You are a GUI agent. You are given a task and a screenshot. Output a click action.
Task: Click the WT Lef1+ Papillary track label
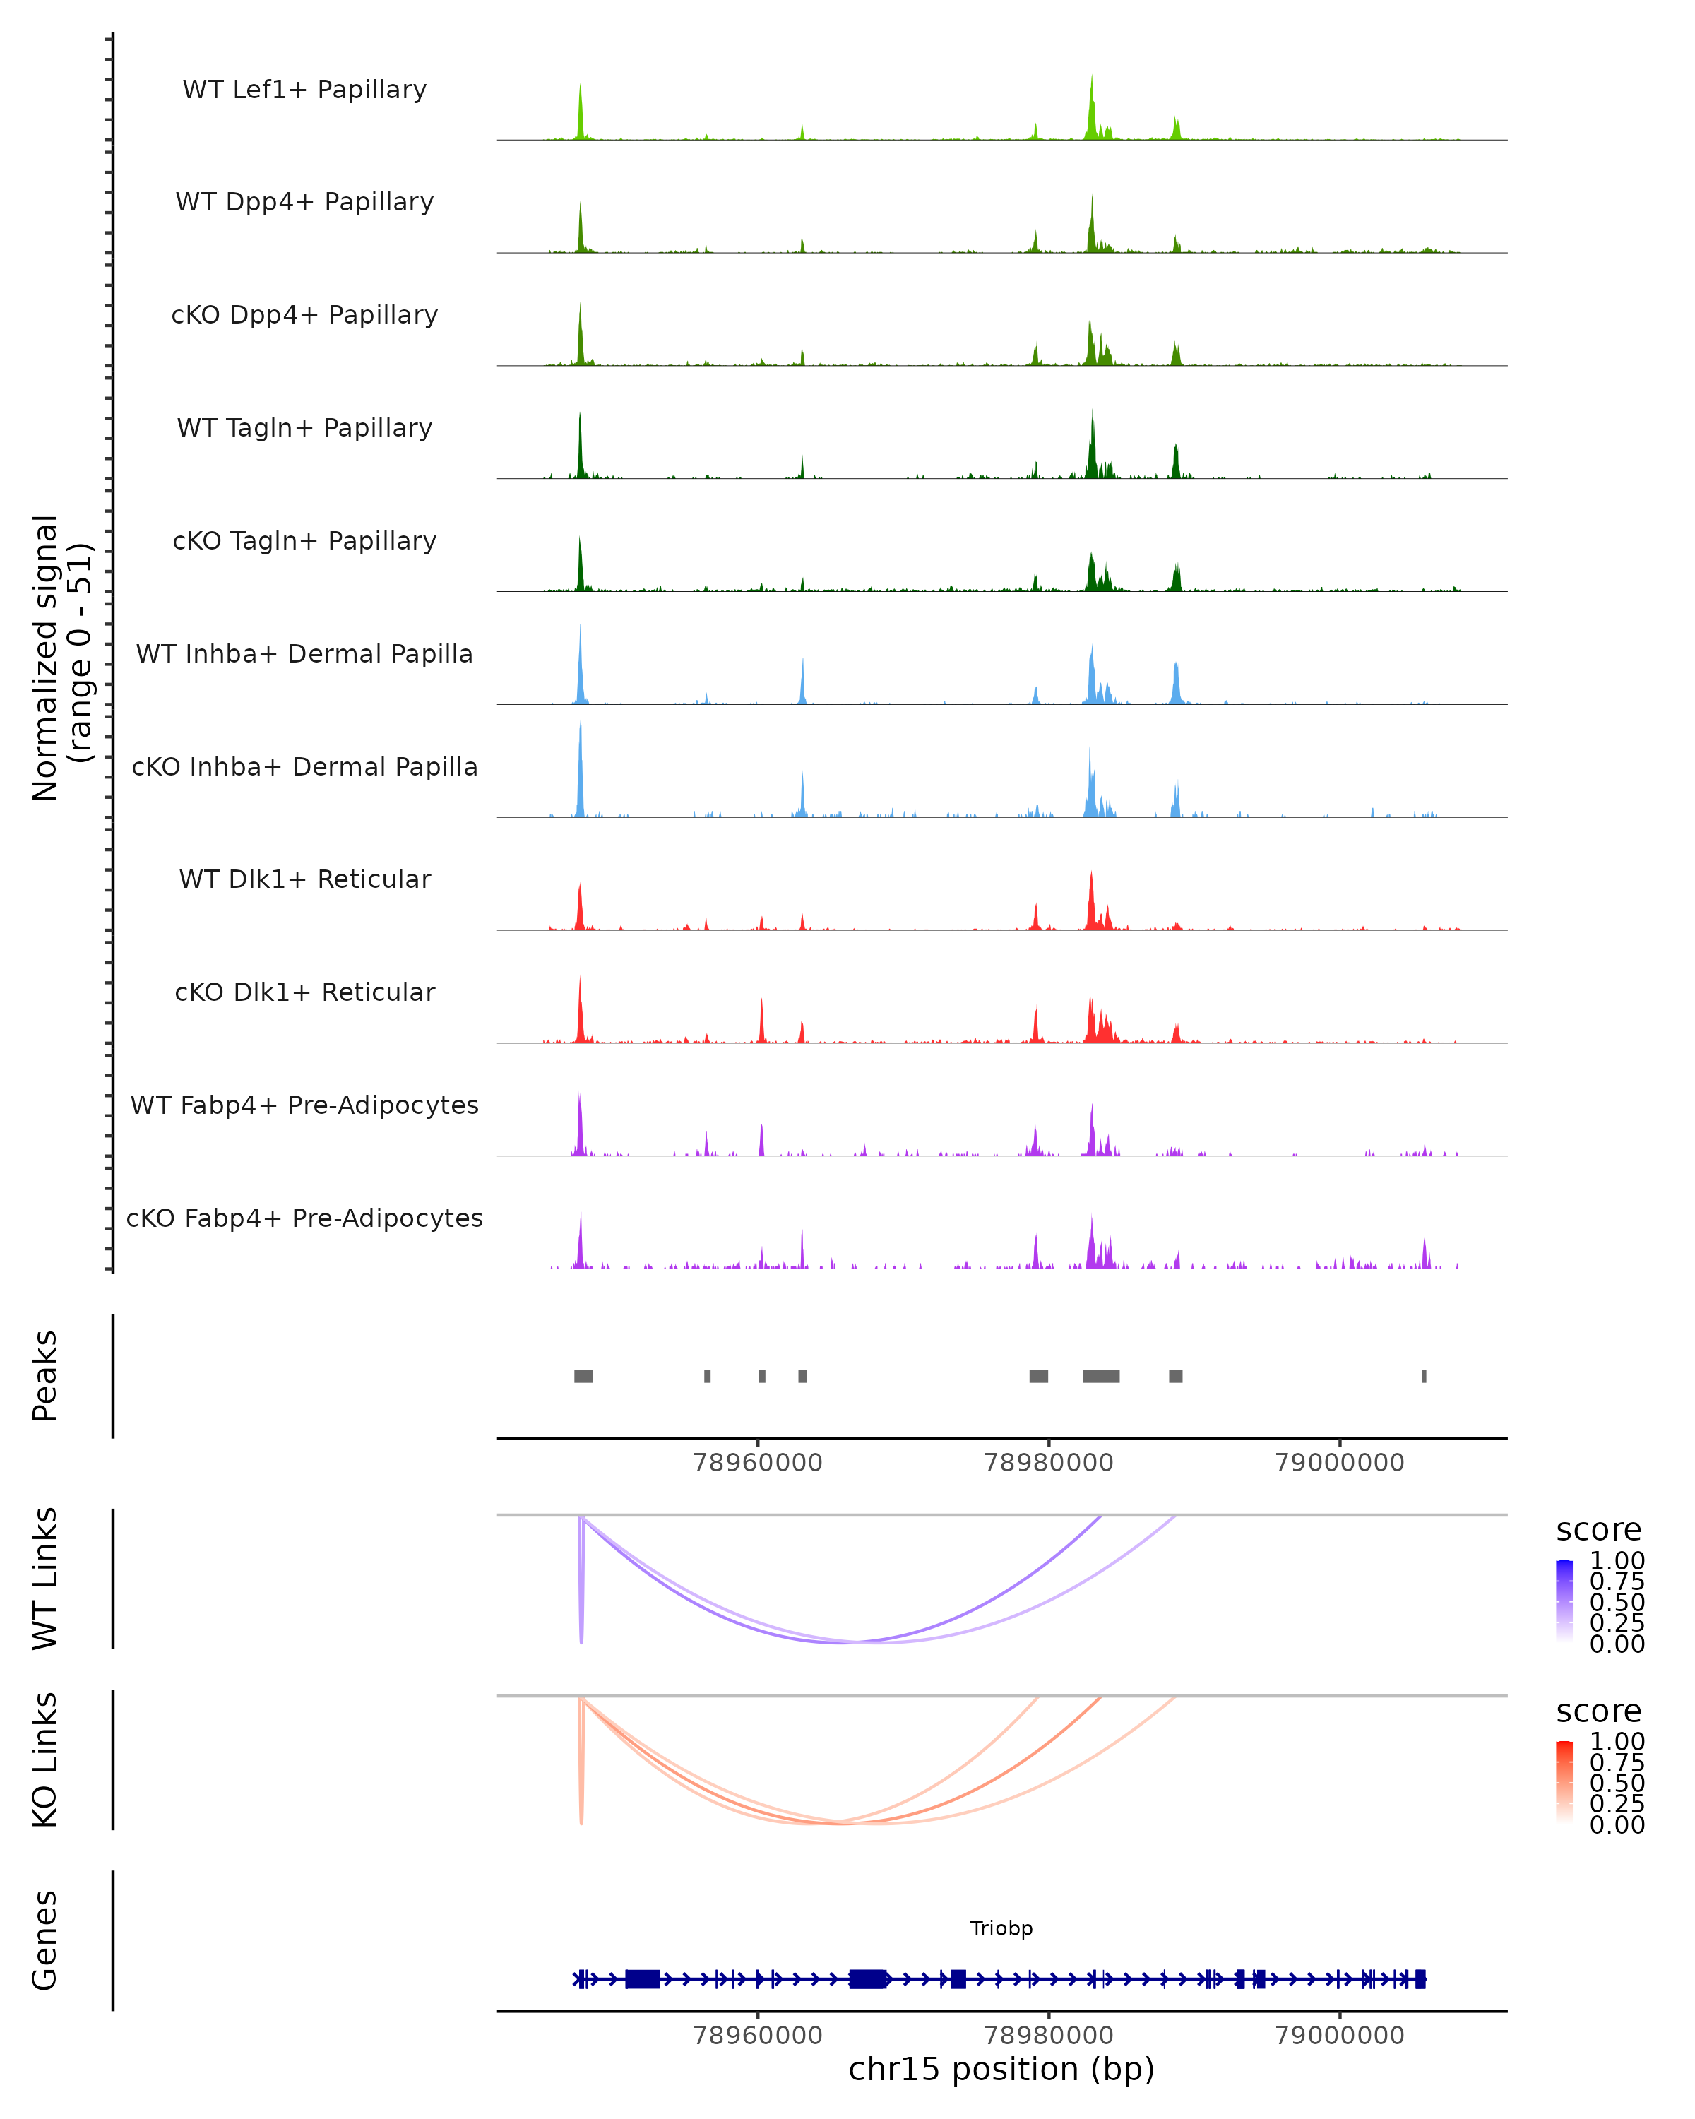pyautogui.click(x=304, y=90)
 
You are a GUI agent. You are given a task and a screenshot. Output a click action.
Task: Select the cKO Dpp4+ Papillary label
pyautogui.click(x=304, y=316)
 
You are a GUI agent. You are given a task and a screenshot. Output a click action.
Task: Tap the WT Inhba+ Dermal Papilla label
pyautogui.click(x=304, y=655)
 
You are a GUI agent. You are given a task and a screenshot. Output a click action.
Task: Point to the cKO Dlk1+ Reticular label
pyautogui.click(x=304, y=992)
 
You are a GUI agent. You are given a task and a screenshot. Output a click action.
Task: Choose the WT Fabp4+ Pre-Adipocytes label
pyautogui.click(x=304, y=1105)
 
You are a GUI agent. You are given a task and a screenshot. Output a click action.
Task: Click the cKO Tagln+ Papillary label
pyautogui.click(x=304, y=542)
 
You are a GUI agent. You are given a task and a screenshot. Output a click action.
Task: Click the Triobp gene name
pyautogui.click(x=1001, y=1928)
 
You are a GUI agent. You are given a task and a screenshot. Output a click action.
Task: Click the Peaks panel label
pyautogui.click(x=45, y=1376)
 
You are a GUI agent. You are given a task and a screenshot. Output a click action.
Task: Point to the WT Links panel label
pyautogui.click(x=45, y=1579)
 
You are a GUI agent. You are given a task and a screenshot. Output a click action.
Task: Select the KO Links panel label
pyautogui.click(x=45, y=1759)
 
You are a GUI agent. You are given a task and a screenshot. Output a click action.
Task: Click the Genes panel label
pyautogui.click(x=45, y=1940)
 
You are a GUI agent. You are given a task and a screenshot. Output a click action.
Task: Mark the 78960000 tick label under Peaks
pyautogui.click(x=758, y=1463)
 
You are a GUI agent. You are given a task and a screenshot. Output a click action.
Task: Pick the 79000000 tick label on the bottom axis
pyautogui.click(x=1339, y=2036)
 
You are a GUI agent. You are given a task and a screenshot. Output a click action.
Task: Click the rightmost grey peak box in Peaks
pyautogui.click(x=1424, y=1376)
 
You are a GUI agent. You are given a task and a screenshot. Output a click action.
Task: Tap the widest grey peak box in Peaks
pyautogui.click(x=1100, y=1376)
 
